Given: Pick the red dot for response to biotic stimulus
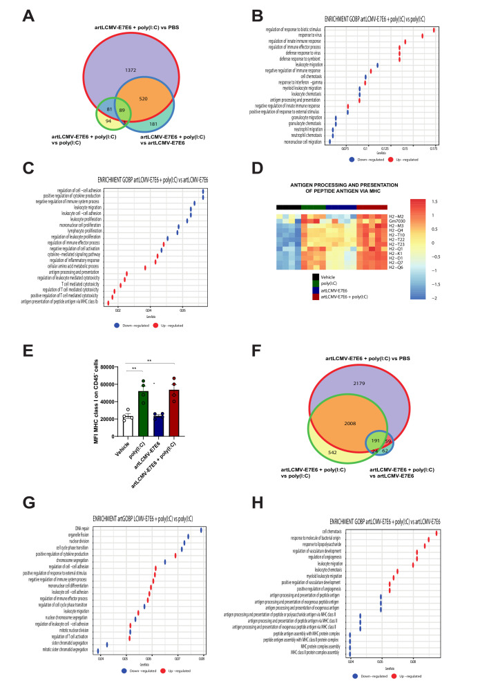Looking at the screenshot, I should pyautogui.click(x=433, y=29).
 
